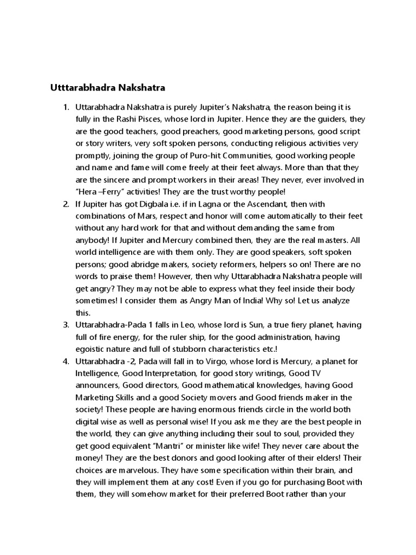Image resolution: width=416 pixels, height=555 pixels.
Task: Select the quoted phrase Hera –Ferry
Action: [x=99, y=192]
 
